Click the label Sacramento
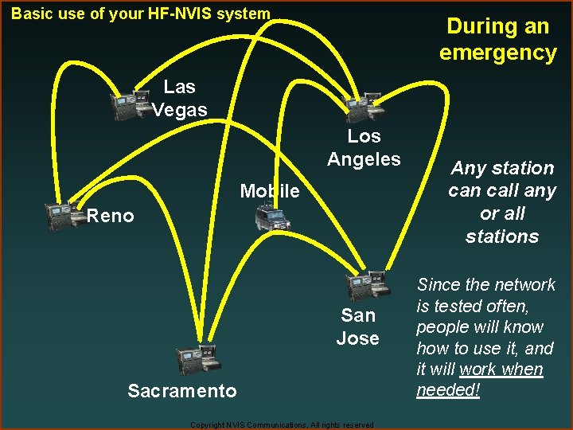click(x=182, y=390)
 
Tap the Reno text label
click(x=111, y=216)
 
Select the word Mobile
click(x=270, y=191)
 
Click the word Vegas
click(x=180, y=110)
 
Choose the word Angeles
click(x=364, y=159)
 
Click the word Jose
click(x=357, y=338)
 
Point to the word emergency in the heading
click(x=498, y=53)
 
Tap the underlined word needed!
click(x=449, y=391)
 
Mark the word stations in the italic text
click(x=502, y=236)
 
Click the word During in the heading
click(x=475, y=26)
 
